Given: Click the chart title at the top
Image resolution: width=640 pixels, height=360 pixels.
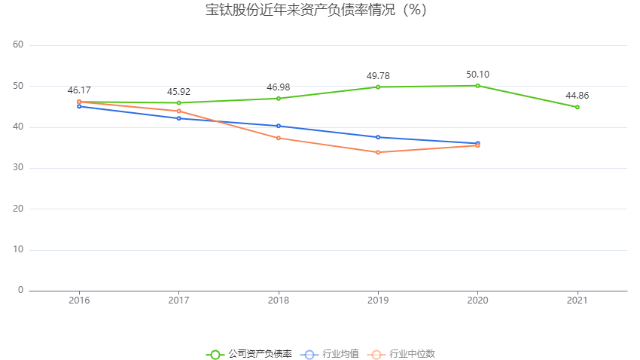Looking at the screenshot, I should click(316, 11).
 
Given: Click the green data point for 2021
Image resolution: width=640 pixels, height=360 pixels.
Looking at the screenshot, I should click(577, 107).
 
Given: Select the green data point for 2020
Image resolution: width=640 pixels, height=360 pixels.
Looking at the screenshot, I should click(477, 85).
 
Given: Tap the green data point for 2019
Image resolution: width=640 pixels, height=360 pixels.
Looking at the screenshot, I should click(378, 87).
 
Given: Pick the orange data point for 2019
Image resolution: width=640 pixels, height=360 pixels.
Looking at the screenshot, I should click(378, 152).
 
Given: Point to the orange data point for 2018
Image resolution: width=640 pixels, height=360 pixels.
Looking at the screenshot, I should click(279, 138).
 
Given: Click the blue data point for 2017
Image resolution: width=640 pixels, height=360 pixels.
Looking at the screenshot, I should click(178, 118).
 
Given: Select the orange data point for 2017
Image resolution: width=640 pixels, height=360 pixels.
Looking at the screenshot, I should click(178, 111).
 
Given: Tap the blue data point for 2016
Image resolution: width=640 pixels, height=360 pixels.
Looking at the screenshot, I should click(79, 106).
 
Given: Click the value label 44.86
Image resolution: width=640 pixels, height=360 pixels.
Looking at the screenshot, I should click(577, 96).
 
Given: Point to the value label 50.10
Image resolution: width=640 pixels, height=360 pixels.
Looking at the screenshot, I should click(477, 74).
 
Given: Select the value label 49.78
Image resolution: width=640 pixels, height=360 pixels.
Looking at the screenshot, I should click(378, 75).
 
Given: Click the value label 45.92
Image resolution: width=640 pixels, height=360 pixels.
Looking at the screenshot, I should click(178, 91).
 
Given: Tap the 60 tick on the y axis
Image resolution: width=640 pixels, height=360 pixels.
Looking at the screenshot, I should click(18, 45).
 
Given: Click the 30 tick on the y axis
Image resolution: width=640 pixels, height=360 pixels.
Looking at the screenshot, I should click(18, 168).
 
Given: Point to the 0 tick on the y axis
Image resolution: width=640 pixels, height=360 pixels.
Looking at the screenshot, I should click(20, 290).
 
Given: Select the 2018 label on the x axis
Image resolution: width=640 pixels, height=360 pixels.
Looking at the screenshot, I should click(279, 300).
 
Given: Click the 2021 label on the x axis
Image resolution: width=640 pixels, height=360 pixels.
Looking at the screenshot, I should click(577, 300).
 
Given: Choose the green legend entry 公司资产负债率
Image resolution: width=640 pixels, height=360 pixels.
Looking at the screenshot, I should click(249, 354).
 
